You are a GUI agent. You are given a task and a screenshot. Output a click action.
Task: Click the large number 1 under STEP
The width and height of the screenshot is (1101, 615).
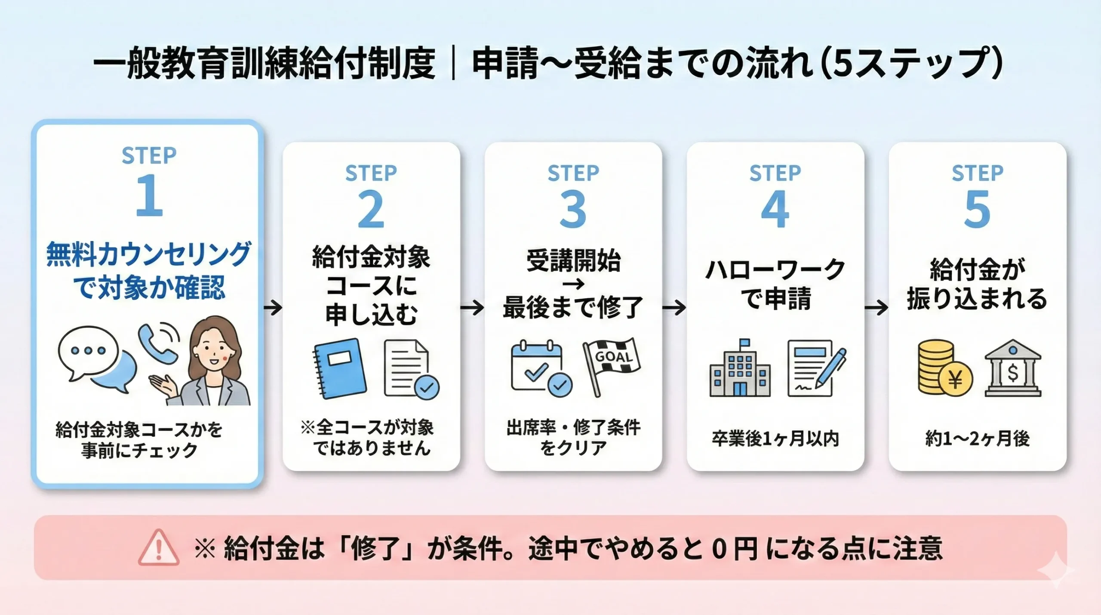[x=149, y=196]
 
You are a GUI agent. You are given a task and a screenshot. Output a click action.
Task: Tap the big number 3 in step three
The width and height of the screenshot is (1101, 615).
[x=573, y=210]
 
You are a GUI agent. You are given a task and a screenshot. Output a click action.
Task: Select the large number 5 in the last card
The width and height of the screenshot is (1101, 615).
[x=977, y=210]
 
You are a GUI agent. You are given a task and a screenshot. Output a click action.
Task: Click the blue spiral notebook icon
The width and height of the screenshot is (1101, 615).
[x=341, y=368]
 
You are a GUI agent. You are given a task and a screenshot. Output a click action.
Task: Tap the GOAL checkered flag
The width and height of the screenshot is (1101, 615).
[x=611, y=362]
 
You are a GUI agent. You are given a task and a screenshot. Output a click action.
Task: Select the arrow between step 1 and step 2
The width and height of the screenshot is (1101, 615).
[x=273, y=308]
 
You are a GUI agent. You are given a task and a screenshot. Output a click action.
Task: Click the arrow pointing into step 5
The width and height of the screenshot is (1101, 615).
[x=876, y=308]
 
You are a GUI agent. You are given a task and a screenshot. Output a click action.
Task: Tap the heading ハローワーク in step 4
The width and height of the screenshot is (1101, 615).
[x=775, y=270]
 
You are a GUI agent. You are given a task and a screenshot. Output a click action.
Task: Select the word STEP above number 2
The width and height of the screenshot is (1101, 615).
[x=371, y=173]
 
